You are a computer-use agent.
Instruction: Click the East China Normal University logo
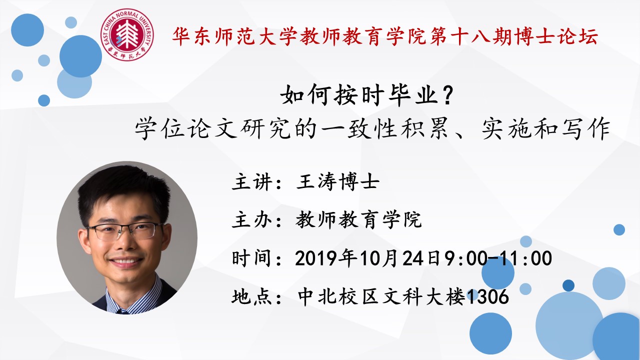[127, 34]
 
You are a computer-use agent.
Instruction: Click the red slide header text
[385, 36]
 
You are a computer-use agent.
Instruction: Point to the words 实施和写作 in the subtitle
[546, 128]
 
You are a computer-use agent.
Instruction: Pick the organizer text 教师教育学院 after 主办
[358, 220]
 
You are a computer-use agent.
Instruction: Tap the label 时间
[251, 258]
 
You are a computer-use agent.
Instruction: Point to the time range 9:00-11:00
[497, 258]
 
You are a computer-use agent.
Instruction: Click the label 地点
[252, 296]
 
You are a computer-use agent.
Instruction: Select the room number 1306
[487, 296]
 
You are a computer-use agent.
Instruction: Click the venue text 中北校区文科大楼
[381, 296]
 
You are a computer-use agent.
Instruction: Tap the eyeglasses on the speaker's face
[125, 231]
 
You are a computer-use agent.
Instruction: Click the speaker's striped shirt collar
[133, 295]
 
